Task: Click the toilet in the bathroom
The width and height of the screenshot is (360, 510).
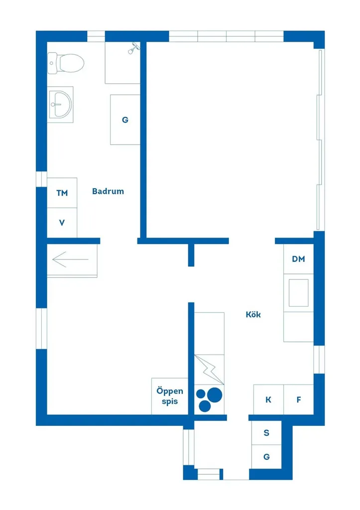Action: (66, 63)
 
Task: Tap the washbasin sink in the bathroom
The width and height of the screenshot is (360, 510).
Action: (60, 104)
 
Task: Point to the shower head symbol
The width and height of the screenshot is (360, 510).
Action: (133, 48)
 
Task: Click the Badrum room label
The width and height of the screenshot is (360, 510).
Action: (108, 191)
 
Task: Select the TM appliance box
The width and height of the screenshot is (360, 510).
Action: (62, 193)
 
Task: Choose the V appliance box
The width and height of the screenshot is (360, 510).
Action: (62, 223)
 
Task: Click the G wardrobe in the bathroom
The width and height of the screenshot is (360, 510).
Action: (125, 120)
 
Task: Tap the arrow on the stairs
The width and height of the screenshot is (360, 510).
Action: (70, 259)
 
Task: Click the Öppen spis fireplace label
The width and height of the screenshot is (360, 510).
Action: (170, 396)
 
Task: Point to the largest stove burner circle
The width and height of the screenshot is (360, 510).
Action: (214, 395)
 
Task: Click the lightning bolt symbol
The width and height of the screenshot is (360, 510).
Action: (209, 370)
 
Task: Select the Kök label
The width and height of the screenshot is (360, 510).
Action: (253, 315)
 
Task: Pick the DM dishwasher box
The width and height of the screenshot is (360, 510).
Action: (299, 259)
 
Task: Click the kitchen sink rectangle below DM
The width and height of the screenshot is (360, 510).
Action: (299, 293)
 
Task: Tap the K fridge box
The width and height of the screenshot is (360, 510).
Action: (268, 400)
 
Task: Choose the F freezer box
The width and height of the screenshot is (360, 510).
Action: (299, 400)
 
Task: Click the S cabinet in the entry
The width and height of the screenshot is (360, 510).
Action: (266, 433)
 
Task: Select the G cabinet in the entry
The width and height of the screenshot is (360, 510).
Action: (266, 457)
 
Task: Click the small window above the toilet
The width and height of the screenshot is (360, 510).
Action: (96, 36)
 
